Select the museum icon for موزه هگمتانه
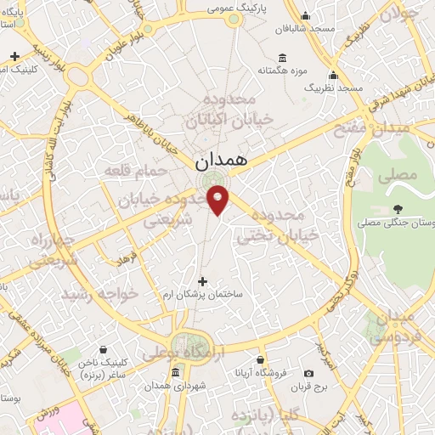tap(282, 58)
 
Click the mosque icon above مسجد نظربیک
tap(334, 75)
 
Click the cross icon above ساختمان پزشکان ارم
tap(202, 280)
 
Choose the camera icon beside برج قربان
tap(308, 373)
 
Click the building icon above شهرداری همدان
tap(175, 374)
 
